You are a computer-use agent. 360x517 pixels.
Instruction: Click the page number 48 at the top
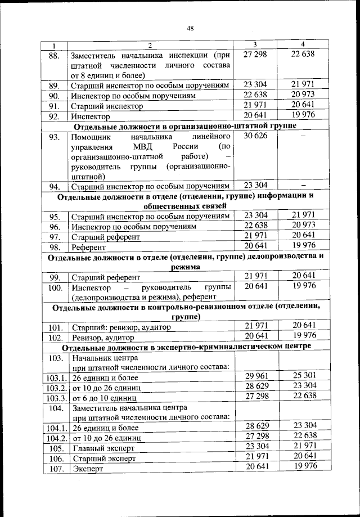190,30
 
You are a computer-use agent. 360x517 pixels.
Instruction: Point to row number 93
54,137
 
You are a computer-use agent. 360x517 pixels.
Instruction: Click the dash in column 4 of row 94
303,185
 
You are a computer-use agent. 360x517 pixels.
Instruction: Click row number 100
55,287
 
